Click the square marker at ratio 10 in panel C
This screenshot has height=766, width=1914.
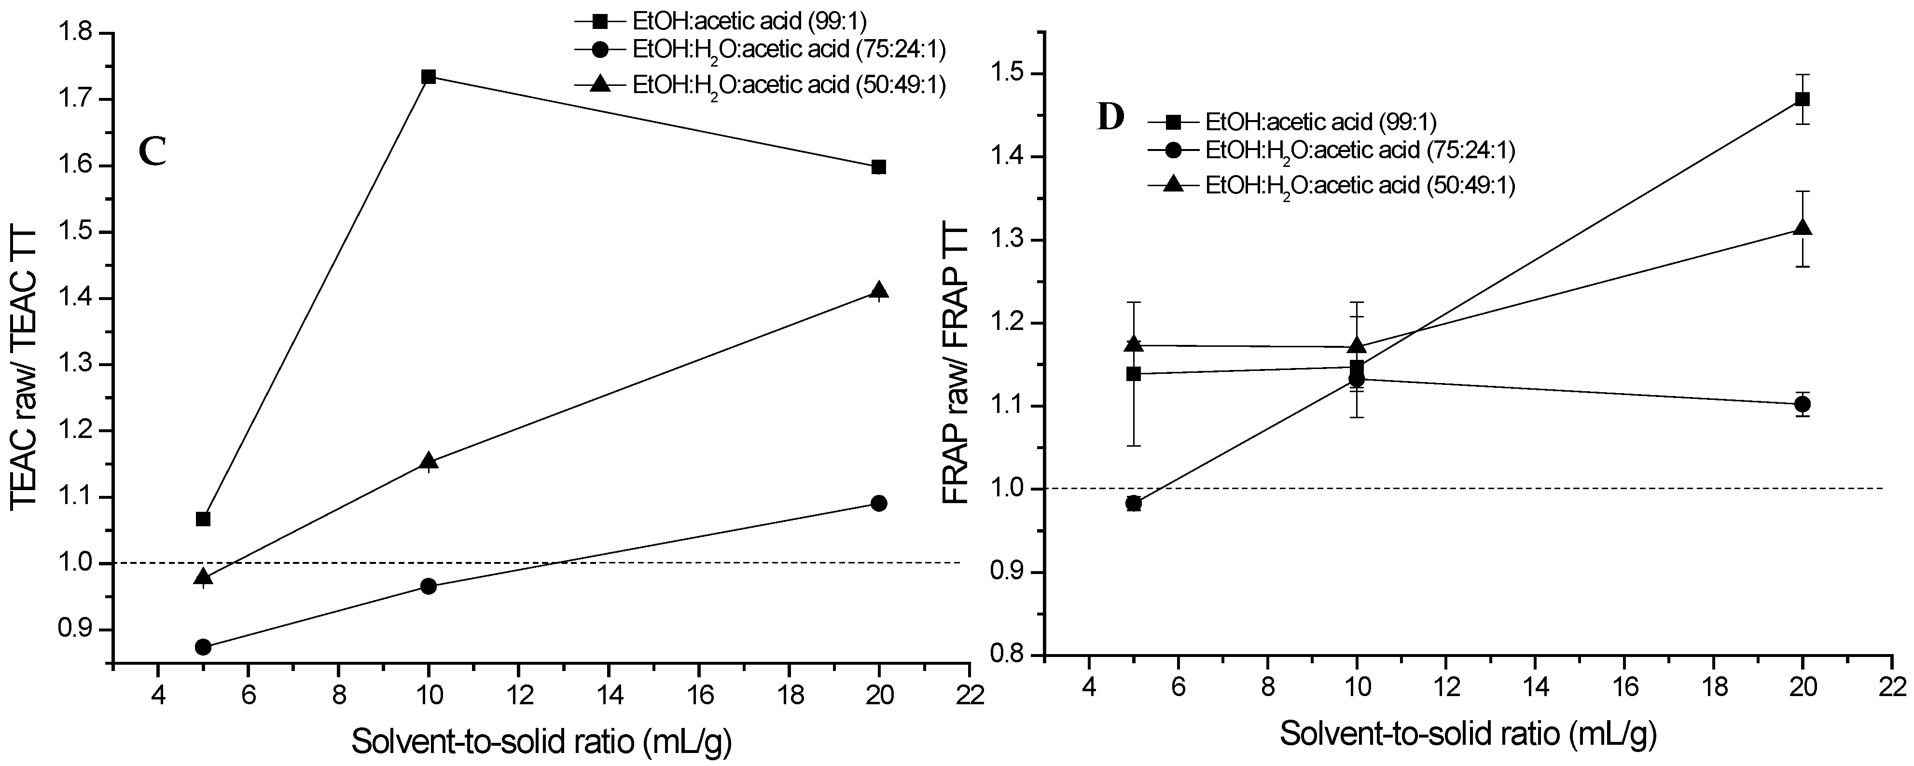(x=429, y=77)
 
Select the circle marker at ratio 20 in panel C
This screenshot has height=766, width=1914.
(x=879, y=503)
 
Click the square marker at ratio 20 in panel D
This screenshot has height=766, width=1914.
(x=1803, y=99)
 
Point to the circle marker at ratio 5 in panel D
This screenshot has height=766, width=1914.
(x=1134, y=503)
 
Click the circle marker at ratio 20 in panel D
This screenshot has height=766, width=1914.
(x=1803, y=404)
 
